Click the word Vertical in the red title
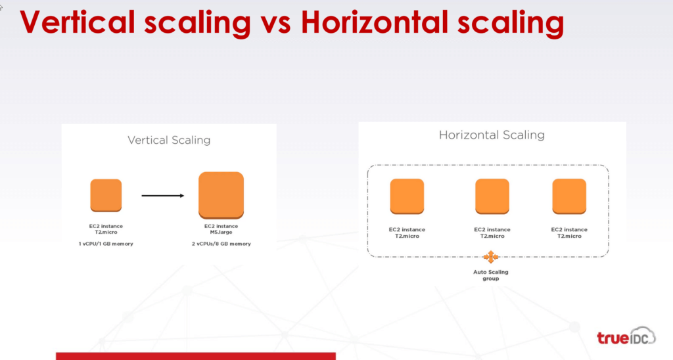tap(78, 22)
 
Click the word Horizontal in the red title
tap(373, 22)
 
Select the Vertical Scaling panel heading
tap(169, 141)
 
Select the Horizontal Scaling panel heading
tap(492, 135)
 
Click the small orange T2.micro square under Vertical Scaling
tap(106, 195)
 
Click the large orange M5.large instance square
tap(221, 195)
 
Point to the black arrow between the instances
tap(163, 196)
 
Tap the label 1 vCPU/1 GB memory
tap(106, 244)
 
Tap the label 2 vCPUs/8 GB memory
tap(221, 244)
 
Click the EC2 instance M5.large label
tap(221, 229)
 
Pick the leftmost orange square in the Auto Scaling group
tap(407, 196)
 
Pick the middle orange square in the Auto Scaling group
tap(492, 196)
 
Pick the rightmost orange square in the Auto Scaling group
tap(569, 196)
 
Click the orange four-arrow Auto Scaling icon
tap(490, 257)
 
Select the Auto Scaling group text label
tap(490, 275)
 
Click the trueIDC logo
tap(626, 336)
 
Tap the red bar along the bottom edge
tap(196, 356)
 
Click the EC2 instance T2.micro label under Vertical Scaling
tap(106, 229)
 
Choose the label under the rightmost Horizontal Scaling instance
tap(569, 233)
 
